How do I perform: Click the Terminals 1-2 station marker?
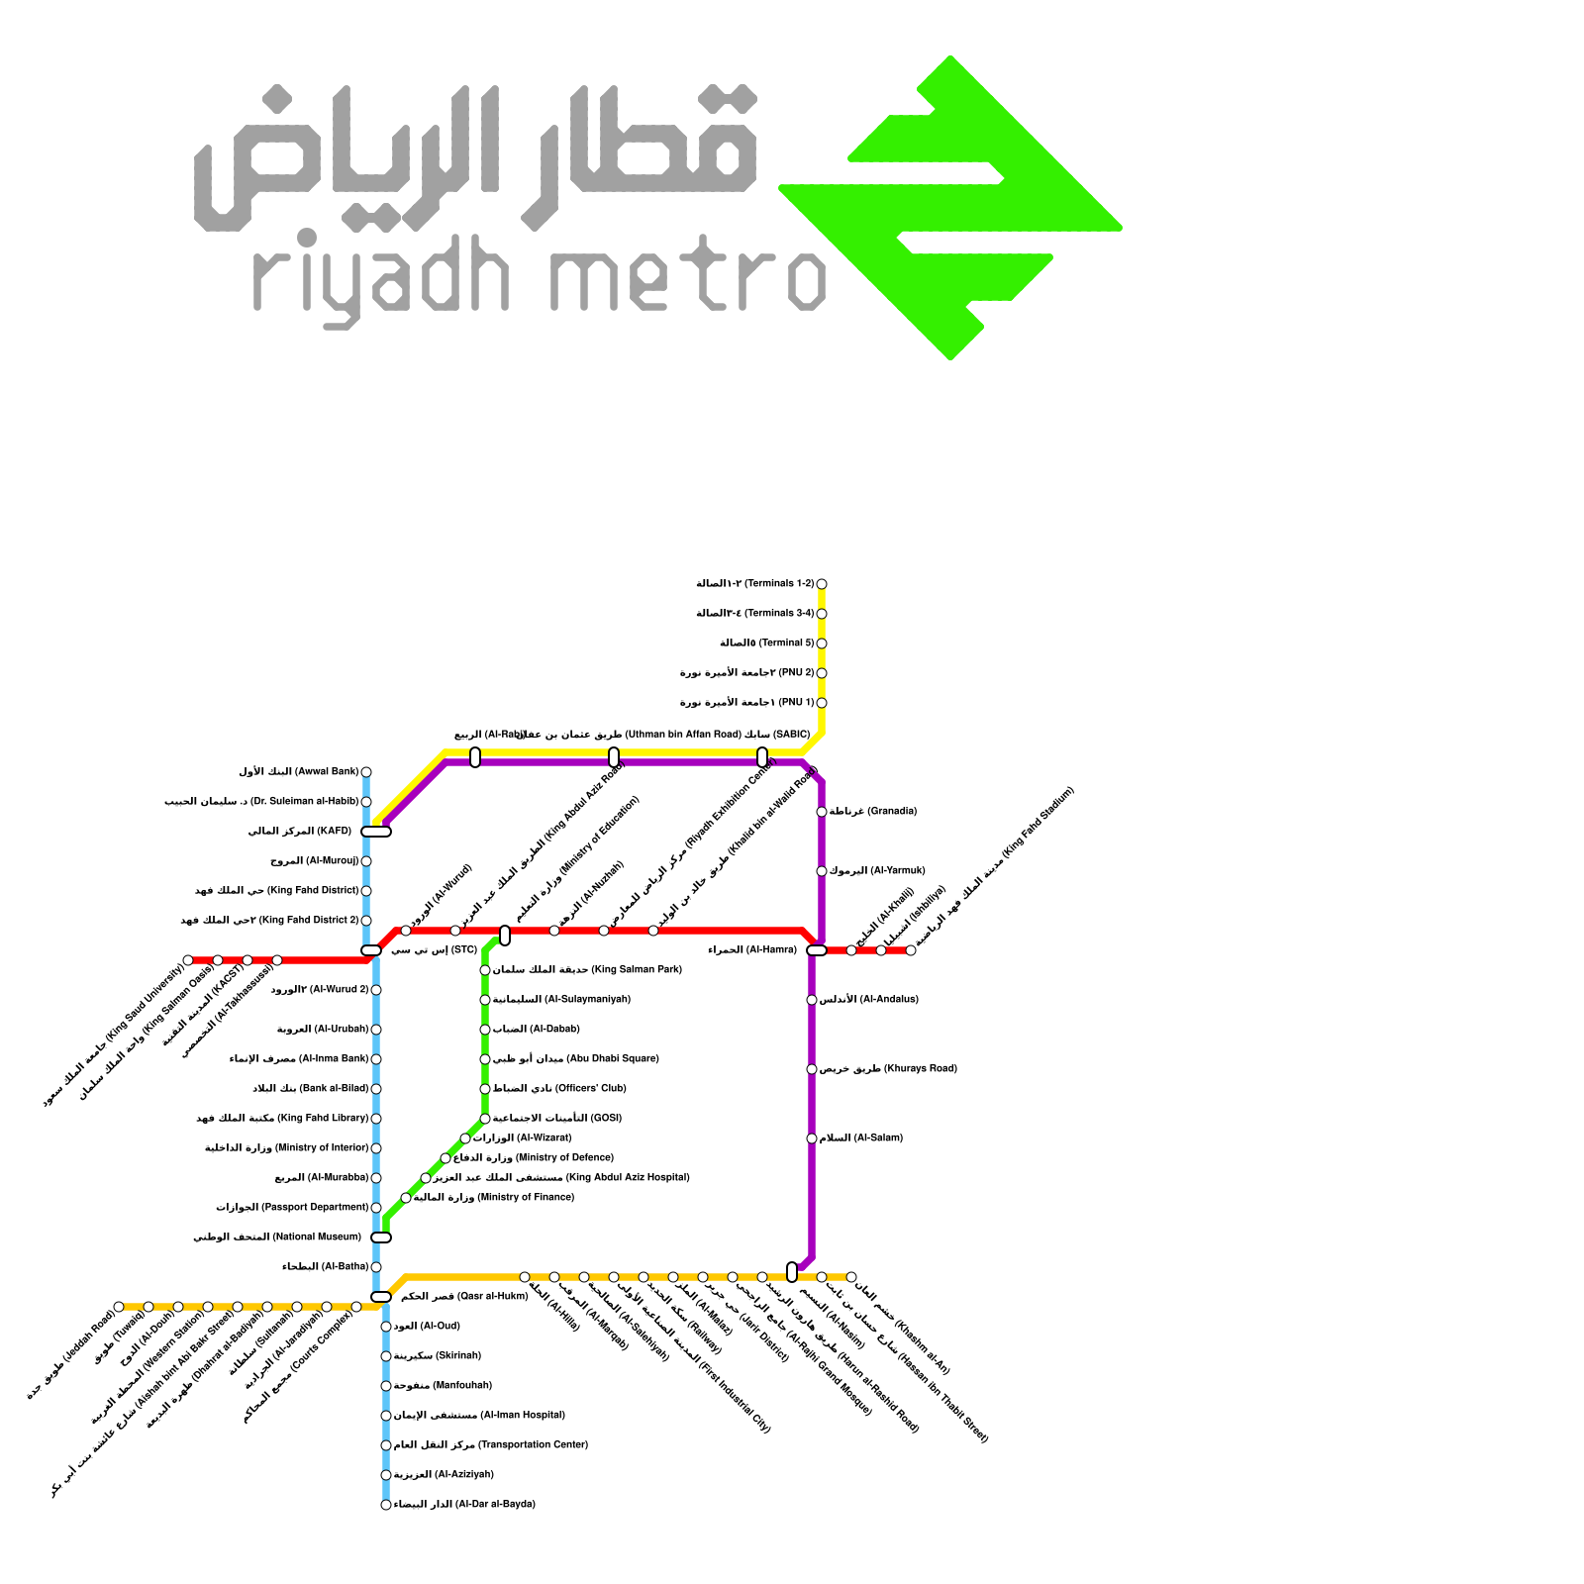tap(822, 584)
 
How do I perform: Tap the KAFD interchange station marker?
tap(376, 832)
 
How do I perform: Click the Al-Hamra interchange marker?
tap(817, 950)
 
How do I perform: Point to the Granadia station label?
tap(872, 812)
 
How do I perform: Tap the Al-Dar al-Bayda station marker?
tap(386, 1505)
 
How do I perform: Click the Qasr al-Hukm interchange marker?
tap(381, 1297)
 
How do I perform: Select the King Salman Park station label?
tap(587, 970)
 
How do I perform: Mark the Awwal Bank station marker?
tap(366, 772)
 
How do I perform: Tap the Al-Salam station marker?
tap(812, 1138)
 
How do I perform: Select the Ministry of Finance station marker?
tap(406, 1198)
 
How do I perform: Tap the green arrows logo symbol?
tap(950, 208)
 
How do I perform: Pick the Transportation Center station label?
tap(491, 1445)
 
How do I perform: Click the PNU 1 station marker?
tap(822, 703)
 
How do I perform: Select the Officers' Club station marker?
tap(485, 1089)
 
